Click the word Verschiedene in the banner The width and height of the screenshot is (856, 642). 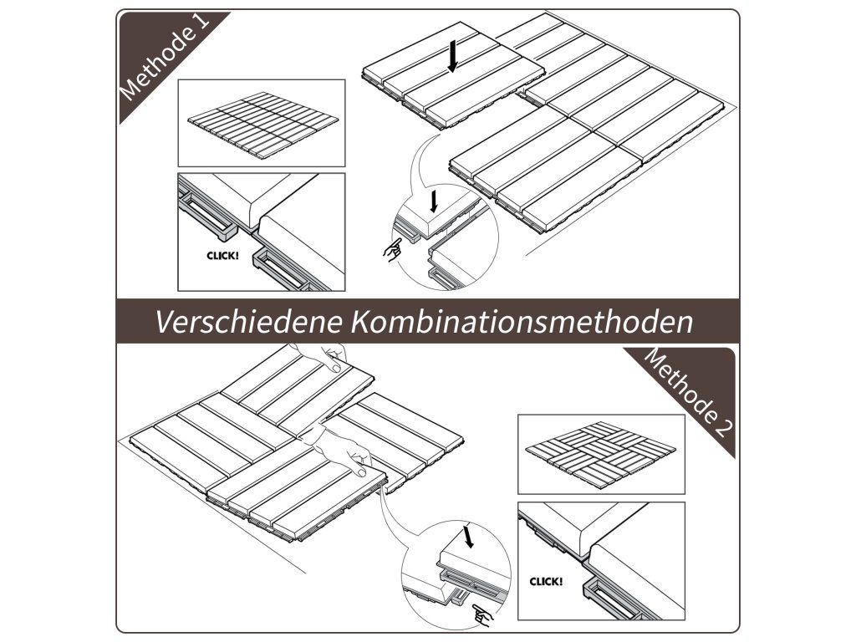click(249, 322)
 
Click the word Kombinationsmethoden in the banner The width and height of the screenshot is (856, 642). click(522, 322)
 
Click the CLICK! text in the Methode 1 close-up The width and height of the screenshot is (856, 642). click(222, 255)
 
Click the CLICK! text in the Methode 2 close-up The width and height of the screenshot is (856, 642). click(546, 582)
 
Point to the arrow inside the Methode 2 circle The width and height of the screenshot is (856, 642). click(468, 536)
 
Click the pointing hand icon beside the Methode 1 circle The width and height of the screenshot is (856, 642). click(392, 250)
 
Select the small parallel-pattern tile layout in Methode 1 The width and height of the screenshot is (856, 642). click(262, 125)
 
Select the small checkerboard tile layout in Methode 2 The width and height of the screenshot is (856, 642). click(600, 454)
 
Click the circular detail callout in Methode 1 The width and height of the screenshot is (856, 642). click(446, 237)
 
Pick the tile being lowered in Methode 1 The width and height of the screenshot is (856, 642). click(454, 74)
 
